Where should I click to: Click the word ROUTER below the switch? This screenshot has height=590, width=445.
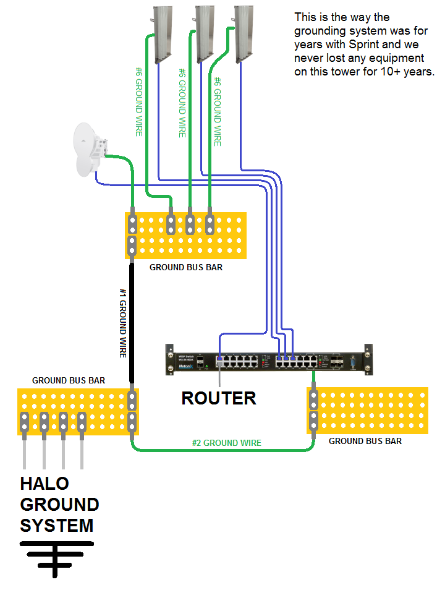[218, 398]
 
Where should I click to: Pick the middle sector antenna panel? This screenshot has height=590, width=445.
[205, 32]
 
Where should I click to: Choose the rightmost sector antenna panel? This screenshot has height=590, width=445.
[244, 32]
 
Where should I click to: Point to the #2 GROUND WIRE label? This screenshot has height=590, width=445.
[226, 443]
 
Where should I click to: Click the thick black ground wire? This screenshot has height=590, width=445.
[132, 322]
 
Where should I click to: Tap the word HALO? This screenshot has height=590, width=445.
[44, 483]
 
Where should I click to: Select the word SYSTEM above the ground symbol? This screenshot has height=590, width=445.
[56, 526]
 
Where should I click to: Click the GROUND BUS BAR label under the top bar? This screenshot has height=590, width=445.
[186, 268]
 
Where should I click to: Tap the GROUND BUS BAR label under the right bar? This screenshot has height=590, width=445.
[365, 441]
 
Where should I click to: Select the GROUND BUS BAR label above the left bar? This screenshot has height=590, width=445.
[69, 380]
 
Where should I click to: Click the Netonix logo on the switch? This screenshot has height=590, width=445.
[185, 366]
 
